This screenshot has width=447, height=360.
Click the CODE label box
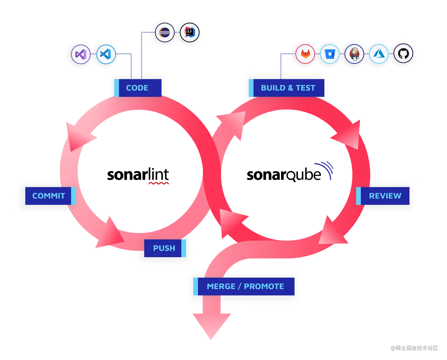pyautogui.click(x=138, y=88)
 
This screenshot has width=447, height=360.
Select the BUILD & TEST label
pyautogui.click(x=287, y=88)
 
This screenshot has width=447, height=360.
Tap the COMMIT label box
pyautogui.click(x=49, y=196)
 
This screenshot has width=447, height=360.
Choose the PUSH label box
pyautogui.click(x=164, y=248)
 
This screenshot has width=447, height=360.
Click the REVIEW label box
pyautogui.click(x=384, y=196)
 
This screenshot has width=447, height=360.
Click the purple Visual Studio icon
pyautogui.click(x=81, y=54)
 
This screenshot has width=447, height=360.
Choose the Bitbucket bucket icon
pyautogui.click(x=330, y=54)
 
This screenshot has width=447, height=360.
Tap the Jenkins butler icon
pyautogui.click(x=354, y=54)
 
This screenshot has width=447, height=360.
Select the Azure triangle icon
pyautogui.click(x=378, y=54)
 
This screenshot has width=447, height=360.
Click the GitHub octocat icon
pyautogui.click(x=403, y=54)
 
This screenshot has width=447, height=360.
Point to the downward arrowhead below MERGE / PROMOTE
pyautogui.click(x=212, y=325)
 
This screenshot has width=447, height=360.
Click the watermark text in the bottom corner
pyautogui.click(x=414, y=347)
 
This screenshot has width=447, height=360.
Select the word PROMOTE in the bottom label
pyautogui.click(x=264, y=286)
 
